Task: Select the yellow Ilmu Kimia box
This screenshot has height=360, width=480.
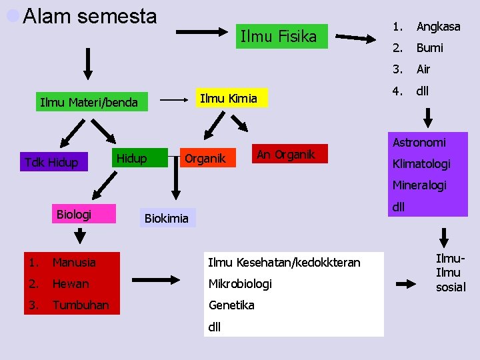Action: click(x=229, y=99)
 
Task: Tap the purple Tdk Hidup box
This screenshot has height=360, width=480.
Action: click(x=51, y=162)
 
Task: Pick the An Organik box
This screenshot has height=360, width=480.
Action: click(x=285, y=155)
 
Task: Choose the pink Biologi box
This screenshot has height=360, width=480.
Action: click(x=74, y=214)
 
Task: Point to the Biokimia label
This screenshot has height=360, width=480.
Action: click(x=167, y=218)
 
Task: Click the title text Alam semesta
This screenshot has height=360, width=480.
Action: click(x=90, y=16)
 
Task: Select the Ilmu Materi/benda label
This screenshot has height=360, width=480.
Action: click(x=89, y=103)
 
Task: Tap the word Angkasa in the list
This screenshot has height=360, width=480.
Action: click(x=438, y=27)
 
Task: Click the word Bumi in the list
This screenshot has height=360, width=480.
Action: click(x=429, y=48)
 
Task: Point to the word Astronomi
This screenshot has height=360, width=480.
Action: click(x=419, y=143)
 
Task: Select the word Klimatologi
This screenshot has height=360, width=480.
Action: click(x=421, y=164)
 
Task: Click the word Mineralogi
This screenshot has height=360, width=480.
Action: click(x=419, y=185)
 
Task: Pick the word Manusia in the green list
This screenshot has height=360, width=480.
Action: click(x=74, y=263)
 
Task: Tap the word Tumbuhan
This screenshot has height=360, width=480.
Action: click(x=80, y=305)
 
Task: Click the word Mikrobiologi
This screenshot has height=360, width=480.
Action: click(x=240, y=284)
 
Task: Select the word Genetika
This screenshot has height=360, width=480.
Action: click(x=231, y=305)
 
